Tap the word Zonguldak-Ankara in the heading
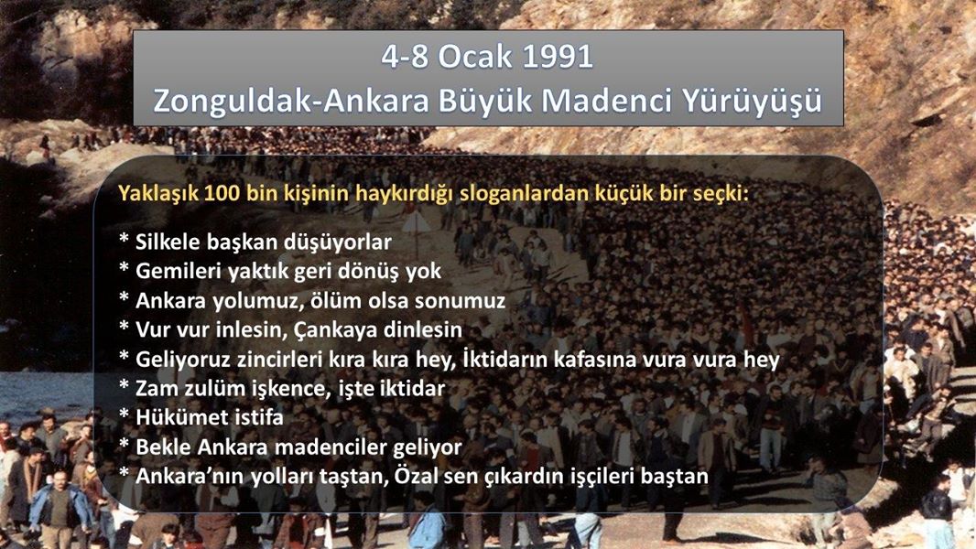point(291,101)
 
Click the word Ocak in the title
point(475,58)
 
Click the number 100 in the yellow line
point(222,193)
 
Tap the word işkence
point(267,390)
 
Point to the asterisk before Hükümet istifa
point(124,414)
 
